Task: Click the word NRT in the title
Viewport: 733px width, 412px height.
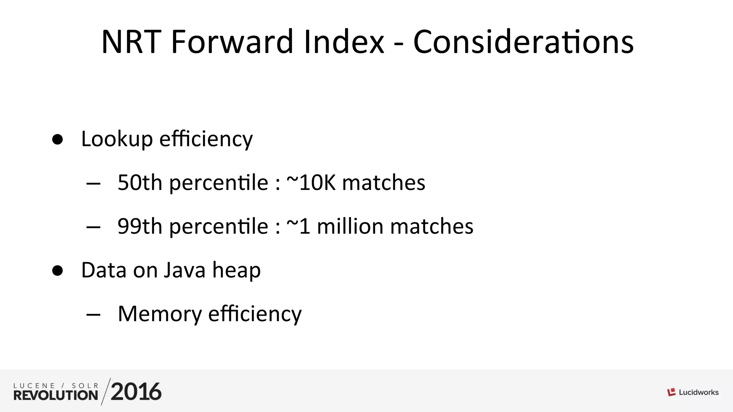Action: coord(131,42)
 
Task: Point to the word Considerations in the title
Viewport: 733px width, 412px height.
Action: coord(523,42)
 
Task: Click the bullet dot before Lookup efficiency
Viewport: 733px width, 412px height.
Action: coord(57,139)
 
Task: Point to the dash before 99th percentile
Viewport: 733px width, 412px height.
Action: coord(93,227)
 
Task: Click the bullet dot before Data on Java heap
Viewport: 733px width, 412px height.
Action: coord(57,270)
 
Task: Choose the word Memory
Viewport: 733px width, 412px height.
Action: coord(160,314)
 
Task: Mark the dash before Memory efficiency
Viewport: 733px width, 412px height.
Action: coord(93,315)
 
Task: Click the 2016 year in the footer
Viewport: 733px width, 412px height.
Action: coord(136,392)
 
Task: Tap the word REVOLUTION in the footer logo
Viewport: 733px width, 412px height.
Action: coord(56,395)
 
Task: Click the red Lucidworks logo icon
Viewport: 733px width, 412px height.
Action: coord(671,392)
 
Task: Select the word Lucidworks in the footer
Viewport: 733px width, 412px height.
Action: coord(699,392)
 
